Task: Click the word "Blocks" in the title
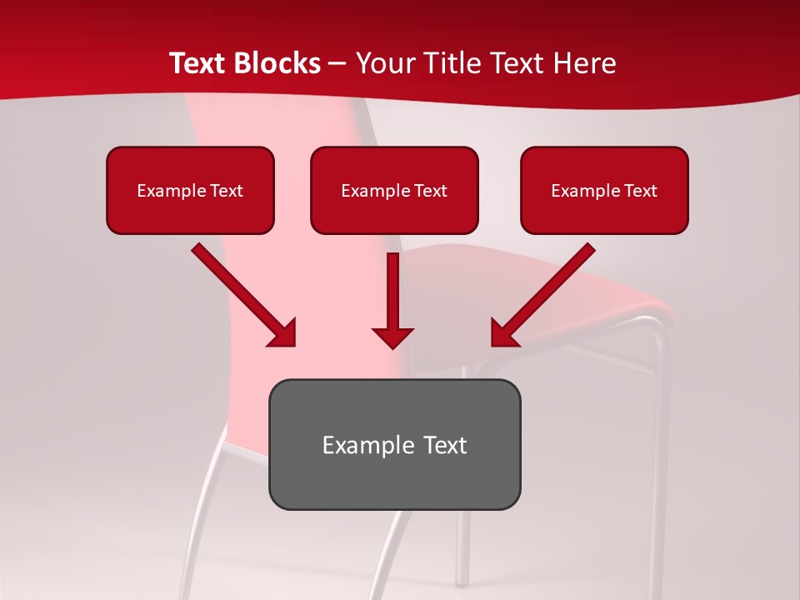coord(279,63)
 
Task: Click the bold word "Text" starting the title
coord(200,63)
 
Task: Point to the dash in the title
coord(337,64)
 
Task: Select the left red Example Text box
coord(190,190)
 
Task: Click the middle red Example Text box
coord(394,190)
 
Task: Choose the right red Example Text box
coord(604,190)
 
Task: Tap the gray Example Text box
coord(394,444)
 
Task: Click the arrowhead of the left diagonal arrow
coord(284,334)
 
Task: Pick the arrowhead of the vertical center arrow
coord(392,337)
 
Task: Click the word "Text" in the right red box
coord(641,191)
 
